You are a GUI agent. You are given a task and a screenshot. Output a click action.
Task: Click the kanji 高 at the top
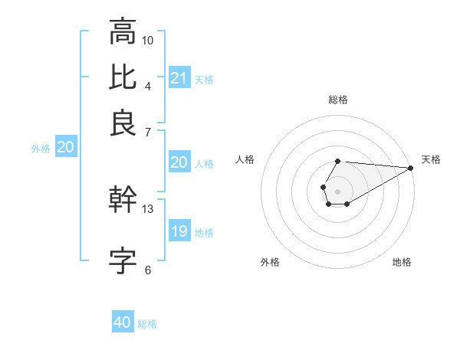[x=123, y=31]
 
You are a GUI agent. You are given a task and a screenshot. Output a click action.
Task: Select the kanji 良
[x=123, y=123]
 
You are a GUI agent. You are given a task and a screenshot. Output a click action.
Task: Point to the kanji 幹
[x=123, y=200]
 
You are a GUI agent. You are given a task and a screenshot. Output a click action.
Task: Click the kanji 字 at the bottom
[x=123, y=260]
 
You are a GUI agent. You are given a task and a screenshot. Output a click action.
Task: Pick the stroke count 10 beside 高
[x=148, y=39]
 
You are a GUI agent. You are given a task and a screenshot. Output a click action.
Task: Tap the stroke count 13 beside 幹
[x=148, y=208]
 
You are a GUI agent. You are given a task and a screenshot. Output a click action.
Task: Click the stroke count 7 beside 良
[x=148, y=133]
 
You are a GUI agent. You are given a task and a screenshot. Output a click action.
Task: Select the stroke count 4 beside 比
[x=148, y=86]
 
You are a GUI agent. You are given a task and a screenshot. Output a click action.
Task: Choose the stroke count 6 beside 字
[x=148, y=270]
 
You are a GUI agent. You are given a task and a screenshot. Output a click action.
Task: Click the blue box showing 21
[x=179, y=78]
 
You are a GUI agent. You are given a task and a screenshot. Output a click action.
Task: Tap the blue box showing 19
[x=179, y=231]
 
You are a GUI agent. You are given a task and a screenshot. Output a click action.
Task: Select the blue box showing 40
[x=123, y=322]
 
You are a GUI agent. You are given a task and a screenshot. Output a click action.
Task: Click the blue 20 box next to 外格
[x=65, y=148]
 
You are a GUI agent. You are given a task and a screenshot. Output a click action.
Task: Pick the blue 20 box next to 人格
[x=179, y=162]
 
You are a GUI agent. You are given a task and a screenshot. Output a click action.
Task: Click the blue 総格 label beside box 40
[x=147, y=324]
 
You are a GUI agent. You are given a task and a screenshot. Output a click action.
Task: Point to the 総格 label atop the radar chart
[x=338, y=100]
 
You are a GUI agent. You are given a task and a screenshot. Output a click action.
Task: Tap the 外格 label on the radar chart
[x=270, y=262]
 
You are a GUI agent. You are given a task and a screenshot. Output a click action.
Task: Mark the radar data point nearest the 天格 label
[x=411, y=168]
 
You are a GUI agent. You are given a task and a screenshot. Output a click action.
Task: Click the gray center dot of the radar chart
[x=337, y=189]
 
